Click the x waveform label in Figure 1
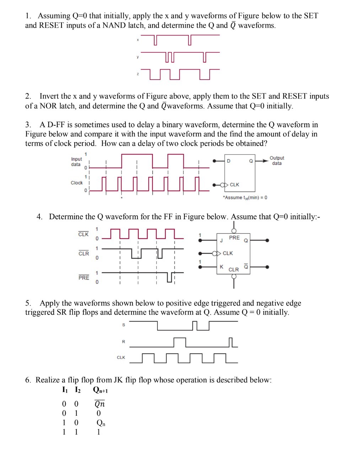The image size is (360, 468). (x=138, y=40)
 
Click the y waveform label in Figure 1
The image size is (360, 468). (x=138, y=57)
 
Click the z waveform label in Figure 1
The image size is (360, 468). (x=138, y=74)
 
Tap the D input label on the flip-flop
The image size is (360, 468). (x=229, y=161)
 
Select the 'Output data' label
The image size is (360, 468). (x=277, y=161)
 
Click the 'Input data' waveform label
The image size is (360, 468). (x=76, y=162)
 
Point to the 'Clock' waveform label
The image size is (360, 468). (x=76, y=183)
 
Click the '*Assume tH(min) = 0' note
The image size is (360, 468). (x=245, y=198)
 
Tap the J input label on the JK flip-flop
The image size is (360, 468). (x=221, y=241)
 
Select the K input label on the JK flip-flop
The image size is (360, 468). (x=221, y=267)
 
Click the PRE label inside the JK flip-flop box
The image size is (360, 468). (x=234, y=238)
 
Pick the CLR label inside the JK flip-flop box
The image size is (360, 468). (x=233, y=270)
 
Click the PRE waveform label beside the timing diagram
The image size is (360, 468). (x=84, y=278)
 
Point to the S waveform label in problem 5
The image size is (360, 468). (x=124, y=325)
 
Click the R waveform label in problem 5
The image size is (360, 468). (x=124, y=342)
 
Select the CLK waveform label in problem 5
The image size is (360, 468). (x=121, y=357)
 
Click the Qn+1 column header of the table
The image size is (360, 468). (x=100, y=390)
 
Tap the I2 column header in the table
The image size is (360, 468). (x=77, y=390)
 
